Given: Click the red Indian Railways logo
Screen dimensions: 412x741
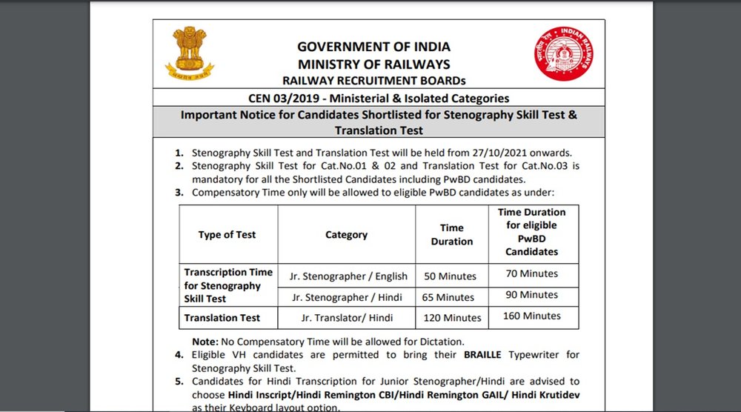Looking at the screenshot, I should click(563, 53).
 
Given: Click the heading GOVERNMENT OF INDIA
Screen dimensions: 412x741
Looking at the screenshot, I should click(373, 47).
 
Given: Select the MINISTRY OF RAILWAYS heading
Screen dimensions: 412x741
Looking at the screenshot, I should click(373, 64).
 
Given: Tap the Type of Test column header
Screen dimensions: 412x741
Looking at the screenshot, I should click(227, 235).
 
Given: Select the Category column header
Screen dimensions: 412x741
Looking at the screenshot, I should click(346, 235).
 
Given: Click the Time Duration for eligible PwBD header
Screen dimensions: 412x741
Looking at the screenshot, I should click(531, 232).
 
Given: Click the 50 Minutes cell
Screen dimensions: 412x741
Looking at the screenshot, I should click(450, 276).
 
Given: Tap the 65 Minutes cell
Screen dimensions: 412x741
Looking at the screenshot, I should click(449, 297).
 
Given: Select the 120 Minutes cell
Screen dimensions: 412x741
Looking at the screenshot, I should click(452, 318).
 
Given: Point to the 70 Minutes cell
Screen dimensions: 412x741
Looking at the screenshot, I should click(531, 273).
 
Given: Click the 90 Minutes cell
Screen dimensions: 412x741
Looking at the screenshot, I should click(531, 295).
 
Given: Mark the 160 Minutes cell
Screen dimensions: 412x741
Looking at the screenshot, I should click(531, 316).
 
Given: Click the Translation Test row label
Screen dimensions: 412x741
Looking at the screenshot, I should click(222, 318).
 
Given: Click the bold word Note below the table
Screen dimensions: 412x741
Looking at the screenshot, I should click(204, 342).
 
